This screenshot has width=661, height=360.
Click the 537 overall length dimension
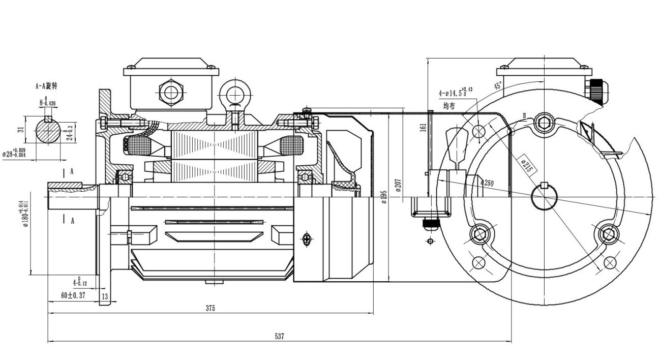279,336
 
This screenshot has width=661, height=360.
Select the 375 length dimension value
210,308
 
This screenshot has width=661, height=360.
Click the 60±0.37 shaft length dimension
73,295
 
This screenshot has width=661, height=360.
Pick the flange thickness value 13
105,296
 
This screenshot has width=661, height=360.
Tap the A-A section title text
46,86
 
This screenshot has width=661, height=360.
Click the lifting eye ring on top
235,94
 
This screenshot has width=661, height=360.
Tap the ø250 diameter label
487,183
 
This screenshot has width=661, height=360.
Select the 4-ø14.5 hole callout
455,93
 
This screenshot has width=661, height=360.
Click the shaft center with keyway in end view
544,196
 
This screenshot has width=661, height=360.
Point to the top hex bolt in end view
544,123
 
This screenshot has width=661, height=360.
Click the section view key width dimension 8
46,102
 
